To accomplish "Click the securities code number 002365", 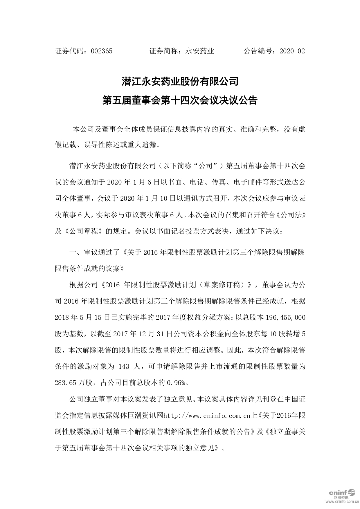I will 101,51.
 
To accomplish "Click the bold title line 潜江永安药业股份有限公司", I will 180,82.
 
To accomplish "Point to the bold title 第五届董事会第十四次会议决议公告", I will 180,101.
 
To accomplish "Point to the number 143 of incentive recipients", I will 124,367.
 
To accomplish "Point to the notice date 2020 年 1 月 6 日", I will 130,182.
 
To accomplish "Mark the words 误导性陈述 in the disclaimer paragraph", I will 102,145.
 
